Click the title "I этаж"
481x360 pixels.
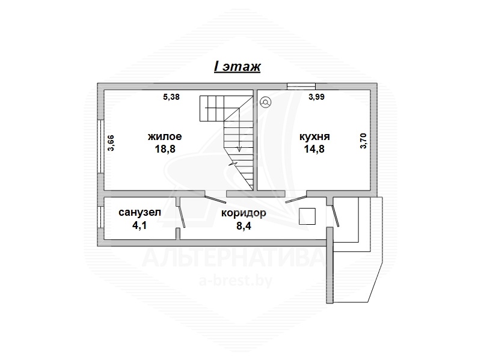click(x=237, y=67)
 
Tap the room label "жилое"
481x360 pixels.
click(x=165, y=136)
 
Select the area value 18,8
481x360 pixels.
click(x=165, y=149)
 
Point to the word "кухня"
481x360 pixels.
click(x=314, y=136)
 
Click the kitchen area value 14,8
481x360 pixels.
click(x=314, y=149)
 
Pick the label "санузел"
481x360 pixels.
click(x=139, y=213)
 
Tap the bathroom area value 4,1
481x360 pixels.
click(x=139, y=225)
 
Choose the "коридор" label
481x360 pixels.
click(x=244, y=213)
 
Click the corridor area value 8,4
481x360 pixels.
click(x=244, y=226)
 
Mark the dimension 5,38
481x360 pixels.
click(x=171, y=97)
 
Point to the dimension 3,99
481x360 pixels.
click(x=316, y=97)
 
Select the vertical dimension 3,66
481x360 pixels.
click(x=111, y=143)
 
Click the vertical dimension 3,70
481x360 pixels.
click(x=363, y=141)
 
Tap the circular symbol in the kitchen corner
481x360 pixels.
click(x=265, y=102)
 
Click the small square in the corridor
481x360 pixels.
click(x=307, y=216)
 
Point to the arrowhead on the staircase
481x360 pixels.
click(x=239, y=148)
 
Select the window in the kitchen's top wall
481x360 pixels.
click(x=301, y=87)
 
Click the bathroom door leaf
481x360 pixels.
click(x=182, y=216)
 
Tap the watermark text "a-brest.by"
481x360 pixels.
click(x=236, y=281)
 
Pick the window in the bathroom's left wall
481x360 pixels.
click(x=100, y=217)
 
